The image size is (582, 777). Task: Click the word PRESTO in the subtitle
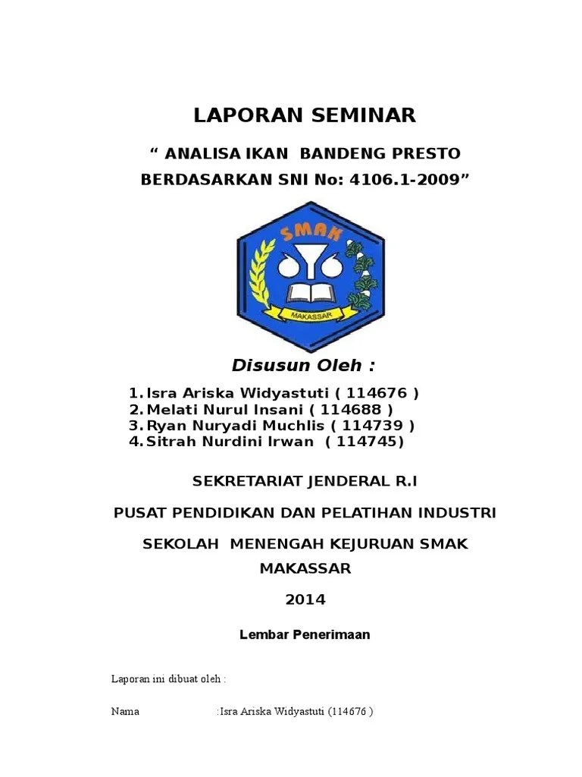pos(426,154)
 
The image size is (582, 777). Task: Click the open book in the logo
pos(311,294)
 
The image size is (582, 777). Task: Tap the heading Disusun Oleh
pos(303,366)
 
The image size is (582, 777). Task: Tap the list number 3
pos(135,425)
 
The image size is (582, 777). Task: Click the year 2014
pos(305,599)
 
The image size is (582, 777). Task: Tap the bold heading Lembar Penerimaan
pos(305,635)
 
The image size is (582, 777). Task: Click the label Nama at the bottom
pos(125,713)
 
